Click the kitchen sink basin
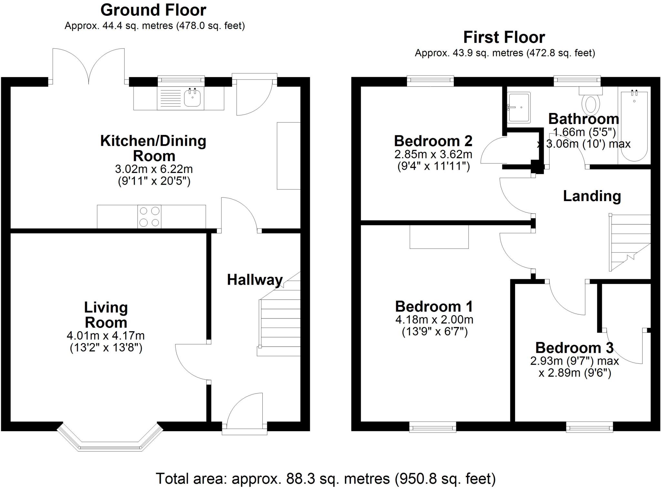(193, 98)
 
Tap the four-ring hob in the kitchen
(149, 217)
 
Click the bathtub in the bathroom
(634, 126)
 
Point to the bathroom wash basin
(519, 107)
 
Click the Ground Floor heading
(153, 10)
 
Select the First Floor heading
(504, 37)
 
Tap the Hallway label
(255, 280)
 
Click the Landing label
(592, 196)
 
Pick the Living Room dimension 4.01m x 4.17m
(106, 336)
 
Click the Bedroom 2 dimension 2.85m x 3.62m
(433, 154)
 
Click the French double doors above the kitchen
(88, 66)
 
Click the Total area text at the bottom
(325, 479)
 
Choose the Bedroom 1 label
(434, 307)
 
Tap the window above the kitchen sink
(181, 81)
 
